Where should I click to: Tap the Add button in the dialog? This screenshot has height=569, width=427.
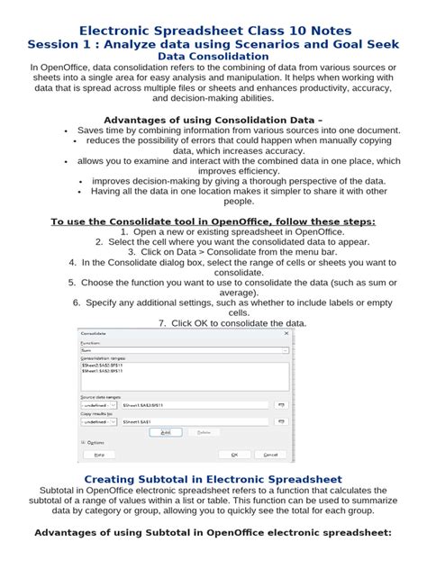pyautogui.click(x=165, y=432)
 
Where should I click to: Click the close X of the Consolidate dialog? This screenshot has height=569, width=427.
pyautogui.click(x=286, y=333)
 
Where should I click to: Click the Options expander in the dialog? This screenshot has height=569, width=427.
pyautogui.click(x=95, y=443)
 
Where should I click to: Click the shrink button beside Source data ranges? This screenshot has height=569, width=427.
pyautogui.click(x=280, y=405)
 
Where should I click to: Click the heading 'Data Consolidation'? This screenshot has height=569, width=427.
pyautogui.click(x=213, y=56)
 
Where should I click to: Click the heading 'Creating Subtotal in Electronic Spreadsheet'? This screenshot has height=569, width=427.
pyautogui.click(x=213, y=478)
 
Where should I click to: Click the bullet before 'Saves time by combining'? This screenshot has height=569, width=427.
pyautogui.click(x=66, y=131)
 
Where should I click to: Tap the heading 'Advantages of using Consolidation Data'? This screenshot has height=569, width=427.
pyautogui.click(x=213, y=118)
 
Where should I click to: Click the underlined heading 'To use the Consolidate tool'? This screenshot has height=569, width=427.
pyautogui.click(x=213, y=221)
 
